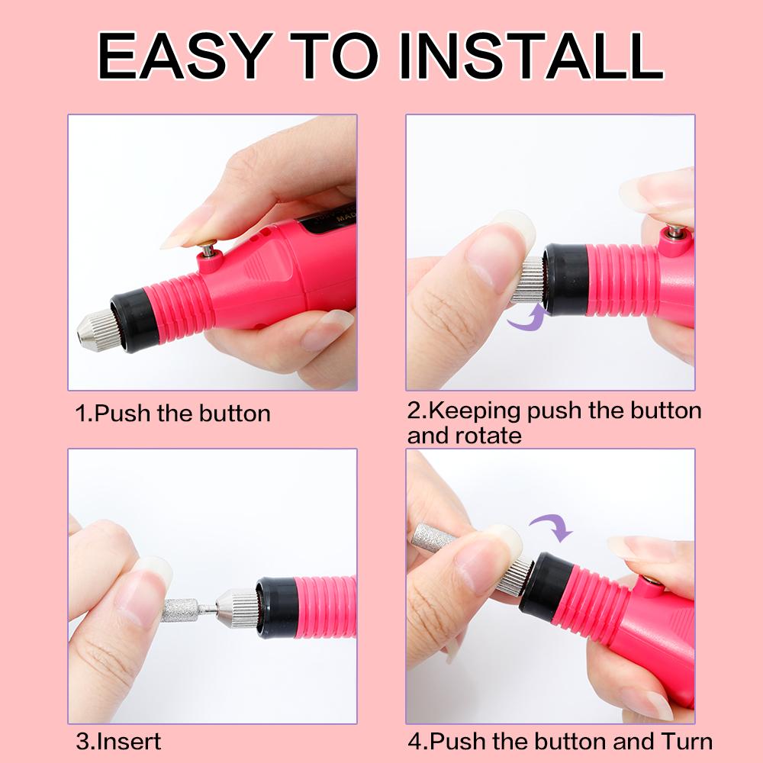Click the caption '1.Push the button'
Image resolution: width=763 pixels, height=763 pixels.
tap(172, 414)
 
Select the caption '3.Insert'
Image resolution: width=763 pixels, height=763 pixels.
tap(118, 741)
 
